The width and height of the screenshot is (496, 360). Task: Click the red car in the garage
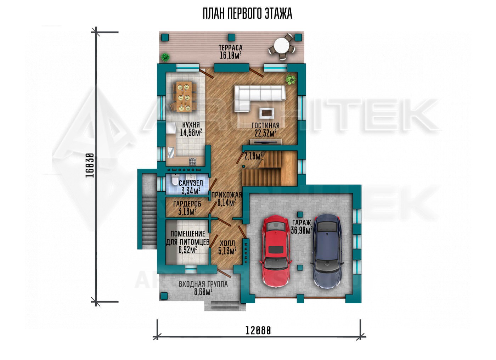[x=276, y=251]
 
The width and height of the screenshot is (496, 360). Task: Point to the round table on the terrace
[x=281, y=47]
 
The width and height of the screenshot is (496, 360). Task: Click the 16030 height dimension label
[x=89, y=165]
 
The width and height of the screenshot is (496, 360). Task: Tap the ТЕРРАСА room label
[x=231, y=47]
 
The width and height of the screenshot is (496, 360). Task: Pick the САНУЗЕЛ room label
[x=191, y=183]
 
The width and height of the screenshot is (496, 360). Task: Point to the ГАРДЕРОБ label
[x=187, y=203]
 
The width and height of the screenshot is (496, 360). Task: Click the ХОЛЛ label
[x=227, y=243]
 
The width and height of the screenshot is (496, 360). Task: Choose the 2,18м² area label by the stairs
[x=254, y=156]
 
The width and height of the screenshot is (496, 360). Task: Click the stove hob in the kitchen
[x=192, y=162]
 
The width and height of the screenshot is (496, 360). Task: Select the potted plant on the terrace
[x=165, y=57]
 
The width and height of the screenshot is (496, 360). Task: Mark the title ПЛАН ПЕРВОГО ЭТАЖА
[x=248, y=14]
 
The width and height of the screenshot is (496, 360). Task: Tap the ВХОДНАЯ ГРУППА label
[x=203, y=284]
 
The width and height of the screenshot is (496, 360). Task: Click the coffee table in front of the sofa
[x=266, y=113]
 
